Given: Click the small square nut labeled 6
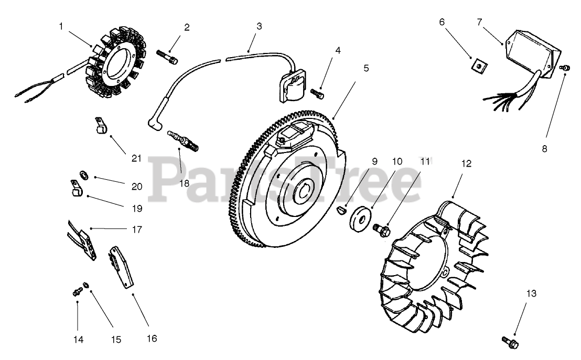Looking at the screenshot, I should (478, 64).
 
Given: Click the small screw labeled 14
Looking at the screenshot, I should (77, 290).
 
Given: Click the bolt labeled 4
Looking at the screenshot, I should (317, 93).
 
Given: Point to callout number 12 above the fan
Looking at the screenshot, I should (466, 163).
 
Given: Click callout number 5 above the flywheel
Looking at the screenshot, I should (365, 68).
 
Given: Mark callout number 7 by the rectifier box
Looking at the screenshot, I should (479, 22).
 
